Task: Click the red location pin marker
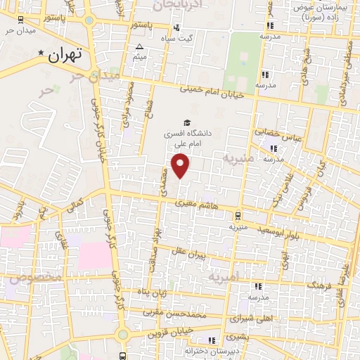pyautogui.click(x=181, y=165)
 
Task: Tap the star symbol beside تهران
pyautogui.click(x=41, y=53)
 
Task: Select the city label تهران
pyautogui.click(x=67, y=54)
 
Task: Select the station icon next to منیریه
pyautogui.click(x=240, y=216)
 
